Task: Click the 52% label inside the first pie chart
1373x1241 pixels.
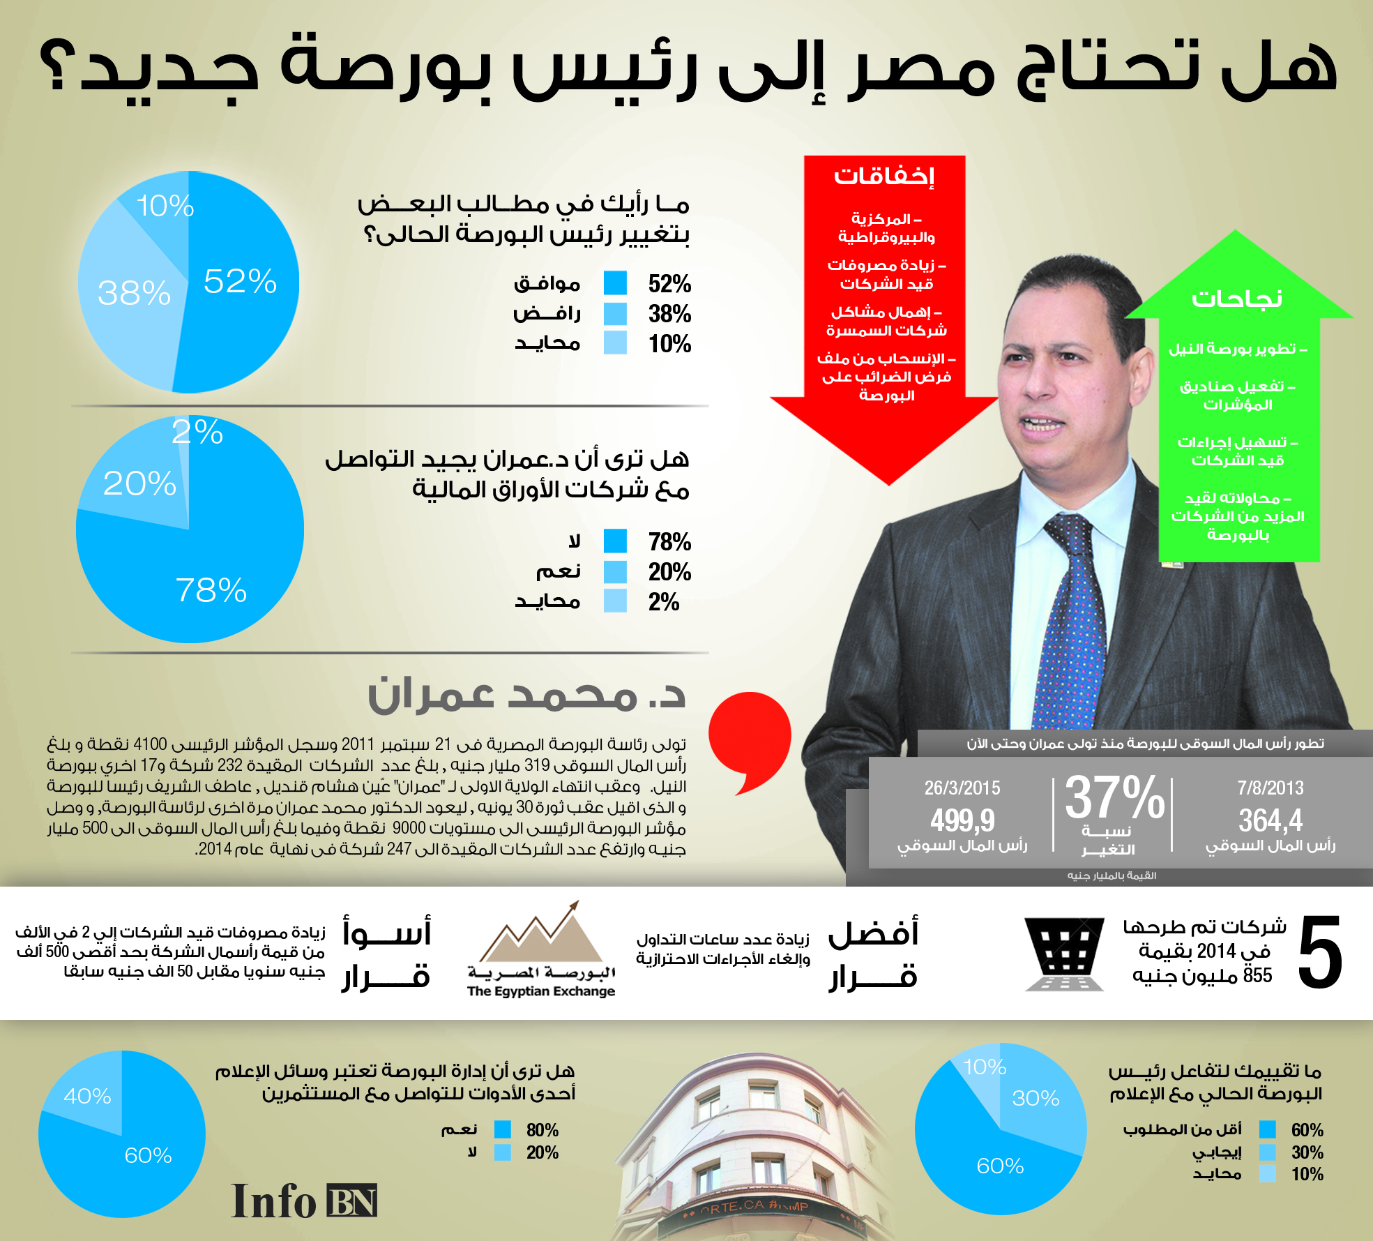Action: tap(240, 281)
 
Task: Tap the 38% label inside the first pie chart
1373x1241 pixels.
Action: tap(134, 293)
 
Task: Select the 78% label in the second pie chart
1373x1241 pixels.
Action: tap(211, 590)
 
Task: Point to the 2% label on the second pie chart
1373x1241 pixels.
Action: tap(197, 433)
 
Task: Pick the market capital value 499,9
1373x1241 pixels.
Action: tap(962, 820)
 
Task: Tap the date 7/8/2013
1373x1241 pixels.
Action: tap(1270, 788)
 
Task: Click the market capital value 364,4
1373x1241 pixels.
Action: tap(1270, 820)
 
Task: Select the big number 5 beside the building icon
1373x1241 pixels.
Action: tap(1320, 953)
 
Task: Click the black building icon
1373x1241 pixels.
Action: tap(1064, 954)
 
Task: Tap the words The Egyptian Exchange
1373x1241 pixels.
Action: tap(541, 991)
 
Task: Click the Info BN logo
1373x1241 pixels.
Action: tap(304, 1201)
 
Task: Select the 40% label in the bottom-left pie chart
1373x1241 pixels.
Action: tap(87, 1096)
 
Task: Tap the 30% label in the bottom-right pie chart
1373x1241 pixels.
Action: tap(1036, 1098)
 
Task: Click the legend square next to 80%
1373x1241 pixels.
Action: tap(502, 1129)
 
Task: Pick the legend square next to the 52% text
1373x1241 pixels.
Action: tap(615, 283)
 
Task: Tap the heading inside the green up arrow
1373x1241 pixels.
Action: tap(1237, 299)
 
